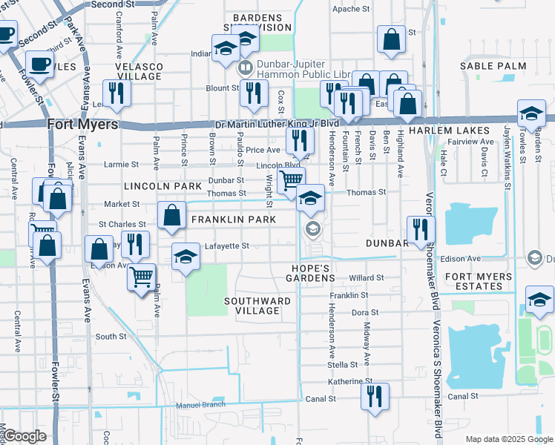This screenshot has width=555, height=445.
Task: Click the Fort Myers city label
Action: click(82, 125)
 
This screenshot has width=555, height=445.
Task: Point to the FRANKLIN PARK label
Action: click(234, 220)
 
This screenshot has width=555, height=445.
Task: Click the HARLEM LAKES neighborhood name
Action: click(458, 131)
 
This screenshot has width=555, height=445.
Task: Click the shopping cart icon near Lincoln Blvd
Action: click(290, 179)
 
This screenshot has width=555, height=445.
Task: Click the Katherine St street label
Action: click(350, 381)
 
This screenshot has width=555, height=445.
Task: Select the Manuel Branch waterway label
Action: click(200, 405)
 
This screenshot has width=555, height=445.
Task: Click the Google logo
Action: click(25, 436)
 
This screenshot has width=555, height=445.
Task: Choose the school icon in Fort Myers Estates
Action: click(539, 299)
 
